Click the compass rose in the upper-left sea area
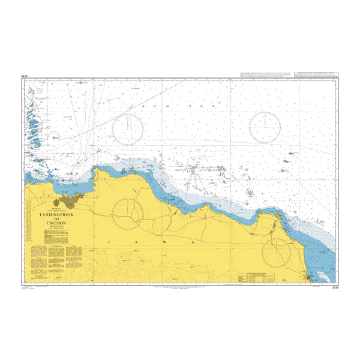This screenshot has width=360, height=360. [128, 127]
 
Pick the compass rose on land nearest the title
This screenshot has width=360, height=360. [128, 212]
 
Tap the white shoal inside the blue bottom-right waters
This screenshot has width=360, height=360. [325, 275]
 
